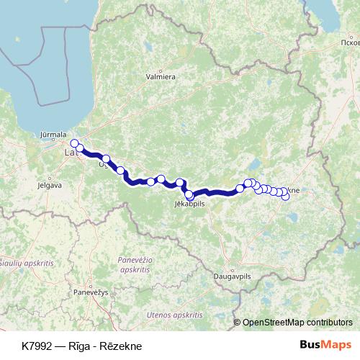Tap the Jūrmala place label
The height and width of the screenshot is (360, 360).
[x=54, y=134]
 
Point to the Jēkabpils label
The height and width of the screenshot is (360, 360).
[x=190, y=204]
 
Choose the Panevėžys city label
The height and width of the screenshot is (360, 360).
[x=90, y=292]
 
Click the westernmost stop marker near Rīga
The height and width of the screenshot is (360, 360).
[x=74, y=143]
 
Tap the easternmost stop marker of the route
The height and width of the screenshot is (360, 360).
[x=285, y=196]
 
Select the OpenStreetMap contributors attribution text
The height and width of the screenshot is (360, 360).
[x=297, y=323]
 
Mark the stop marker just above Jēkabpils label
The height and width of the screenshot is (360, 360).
[x=189, y=194]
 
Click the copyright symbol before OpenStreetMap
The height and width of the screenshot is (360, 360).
[x=238, y=323]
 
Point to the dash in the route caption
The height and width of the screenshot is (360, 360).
[x=63, y=346]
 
